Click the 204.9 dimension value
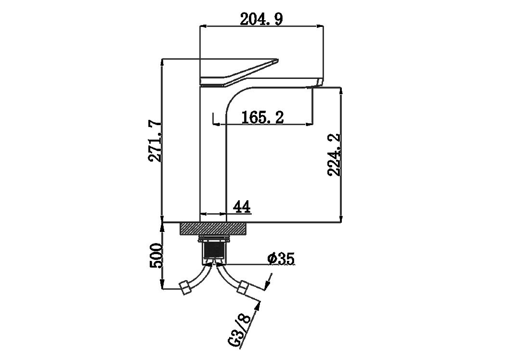pyautogui.click(x=261, y=19)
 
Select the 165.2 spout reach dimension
pyautogui.click(x=262, y=117)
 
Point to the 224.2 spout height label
pyautogui.click(x=334, y=154)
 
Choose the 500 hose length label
pyautogui.click(x=156, y=256)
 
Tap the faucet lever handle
pyautogui.click(x=239, y=73)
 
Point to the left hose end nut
pyautogui.click(x=185, y=287)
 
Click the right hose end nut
pyautogui.click(x=243, y=286)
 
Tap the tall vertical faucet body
pyautogui.click(x=213, y=154)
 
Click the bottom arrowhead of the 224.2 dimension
pyautogui.click(x=341, y=219)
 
